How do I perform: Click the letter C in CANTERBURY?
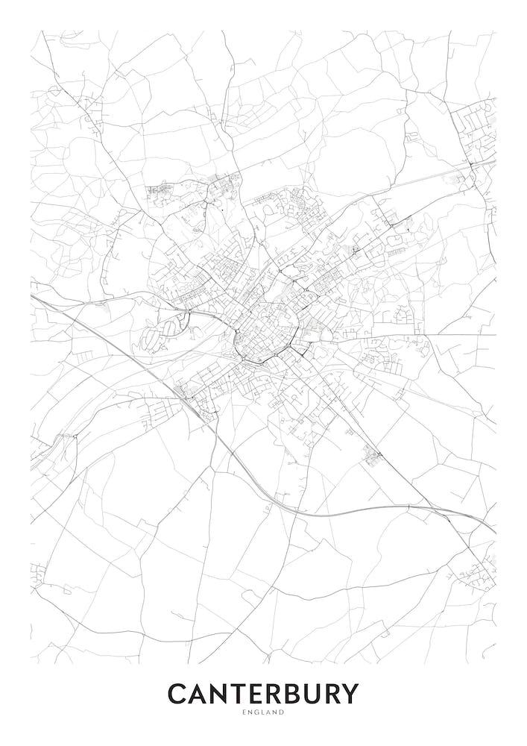[177, 694]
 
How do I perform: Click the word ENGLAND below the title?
[263, 713]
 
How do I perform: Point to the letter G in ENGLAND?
[255, 713]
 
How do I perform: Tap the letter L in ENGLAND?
[262, 713]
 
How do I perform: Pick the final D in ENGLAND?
[283, 713]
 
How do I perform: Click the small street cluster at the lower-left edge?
[37, 574]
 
